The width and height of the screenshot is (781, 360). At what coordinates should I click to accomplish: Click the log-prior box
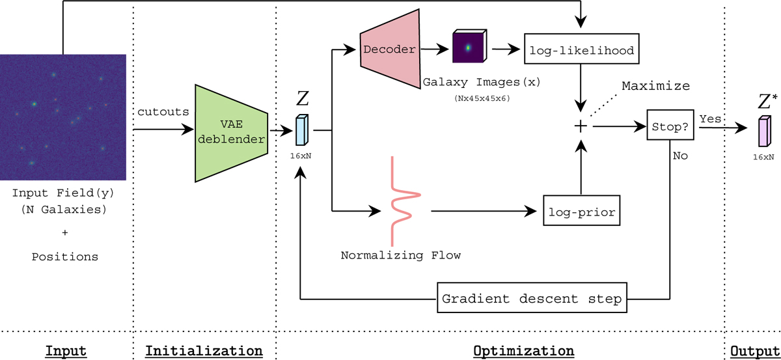tap(581, 212)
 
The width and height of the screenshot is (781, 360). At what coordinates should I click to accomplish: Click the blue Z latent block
tap(301, 130)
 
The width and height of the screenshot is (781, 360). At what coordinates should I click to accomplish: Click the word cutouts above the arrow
tap(163, 111)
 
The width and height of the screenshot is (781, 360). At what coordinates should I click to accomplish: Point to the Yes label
tap(710, 119)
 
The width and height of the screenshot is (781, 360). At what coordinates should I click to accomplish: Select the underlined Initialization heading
tap(204, 351)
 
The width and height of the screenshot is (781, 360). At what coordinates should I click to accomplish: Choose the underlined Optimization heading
tap(523, 351)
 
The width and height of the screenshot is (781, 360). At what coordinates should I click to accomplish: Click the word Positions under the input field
tap(65, 256)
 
